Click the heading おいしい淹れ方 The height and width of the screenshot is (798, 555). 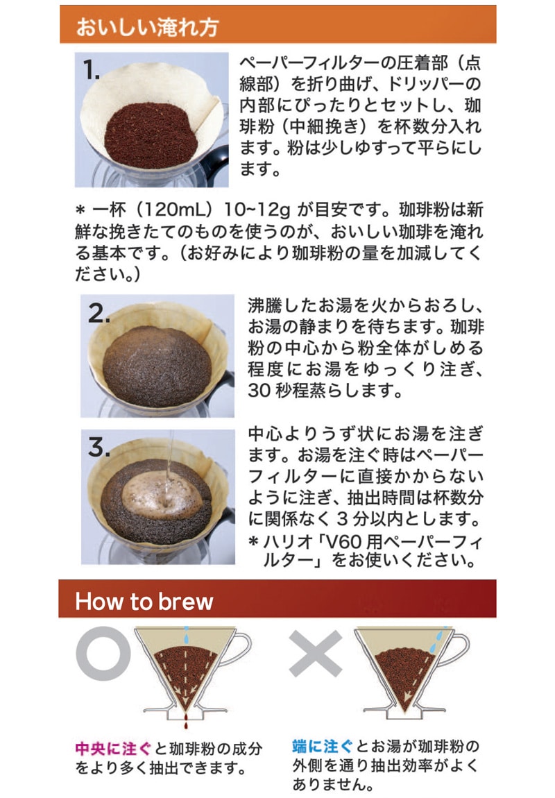coord(147,27)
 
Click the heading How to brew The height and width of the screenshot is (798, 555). coord(144,600)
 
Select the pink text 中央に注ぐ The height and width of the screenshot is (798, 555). coord(113,749)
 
